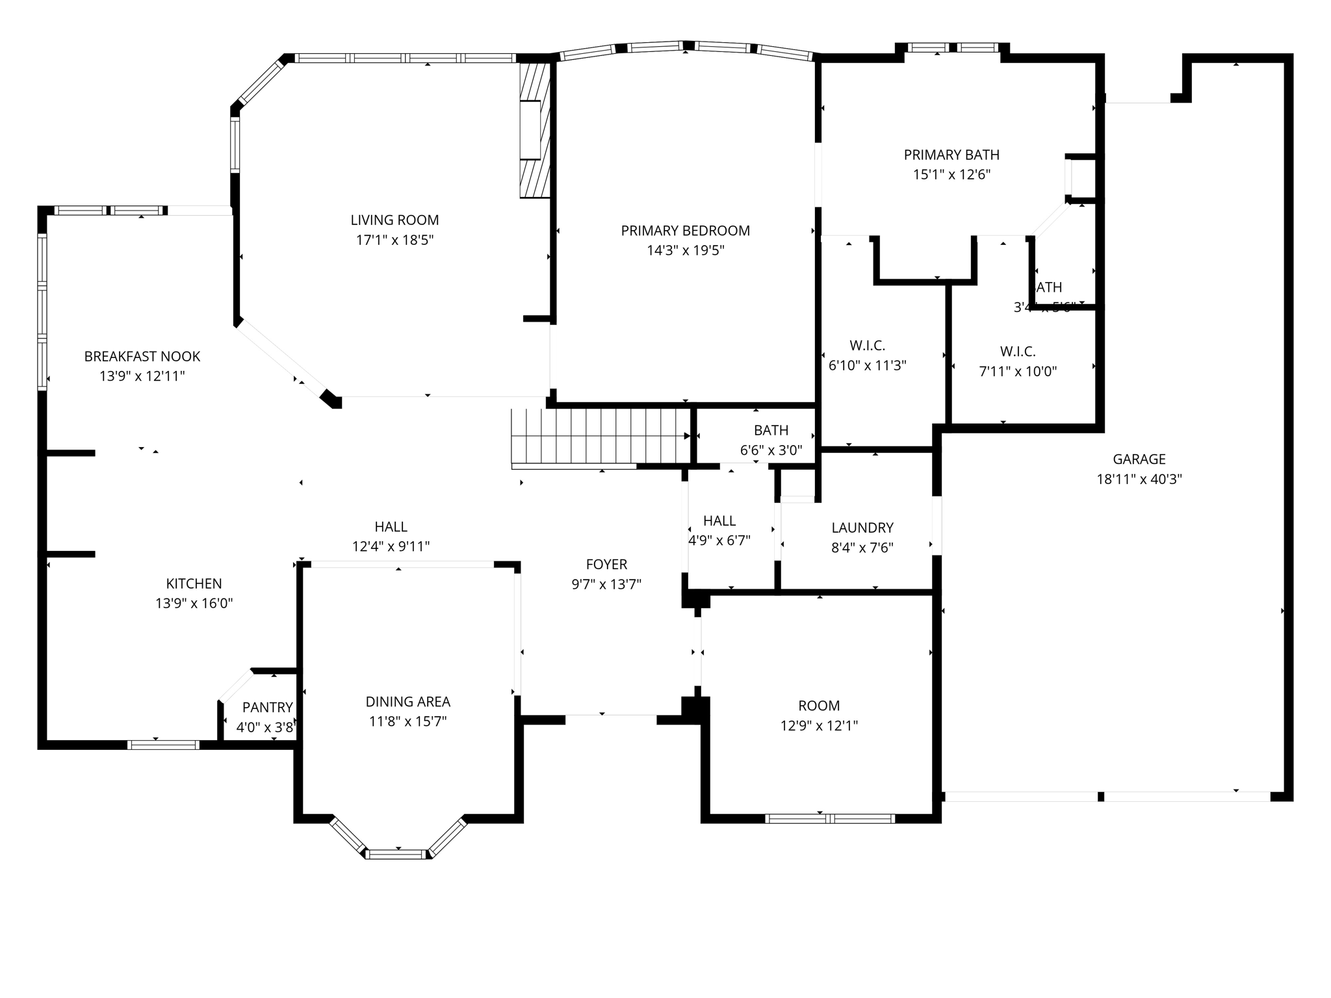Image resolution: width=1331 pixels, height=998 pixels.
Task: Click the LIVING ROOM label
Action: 394,220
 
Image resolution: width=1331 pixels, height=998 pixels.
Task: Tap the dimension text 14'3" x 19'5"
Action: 685,251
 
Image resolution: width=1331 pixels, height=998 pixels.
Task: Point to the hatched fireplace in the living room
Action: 534,130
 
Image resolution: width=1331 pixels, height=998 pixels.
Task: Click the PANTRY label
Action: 267,708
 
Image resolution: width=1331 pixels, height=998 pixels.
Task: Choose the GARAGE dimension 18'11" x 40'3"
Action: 1139,480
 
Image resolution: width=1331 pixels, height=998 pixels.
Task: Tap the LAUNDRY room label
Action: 862,528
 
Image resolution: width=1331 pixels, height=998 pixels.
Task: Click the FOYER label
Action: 606,565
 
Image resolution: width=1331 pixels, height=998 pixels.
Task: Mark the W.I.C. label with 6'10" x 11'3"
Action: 867,346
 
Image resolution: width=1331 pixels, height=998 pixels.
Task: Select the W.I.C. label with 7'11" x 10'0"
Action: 1017,352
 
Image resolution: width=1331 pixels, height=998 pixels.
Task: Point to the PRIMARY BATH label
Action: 951,155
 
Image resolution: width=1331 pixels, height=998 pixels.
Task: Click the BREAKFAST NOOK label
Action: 142,357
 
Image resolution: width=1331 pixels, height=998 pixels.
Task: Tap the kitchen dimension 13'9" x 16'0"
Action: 194,604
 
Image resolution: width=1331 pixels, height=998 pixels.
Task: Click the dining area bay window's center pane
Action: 397,854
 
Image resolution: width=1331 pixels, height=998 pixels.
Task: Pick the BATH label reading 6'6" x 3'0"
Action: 771,430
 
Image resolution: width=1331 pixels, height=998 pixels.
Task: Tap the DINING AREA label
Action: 407,702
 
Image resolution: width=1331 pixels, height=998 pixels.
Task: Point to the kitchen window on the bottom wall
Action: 162,745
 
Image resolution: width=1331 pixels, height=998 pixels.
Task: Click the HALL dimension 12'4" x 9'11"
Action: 391,547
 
